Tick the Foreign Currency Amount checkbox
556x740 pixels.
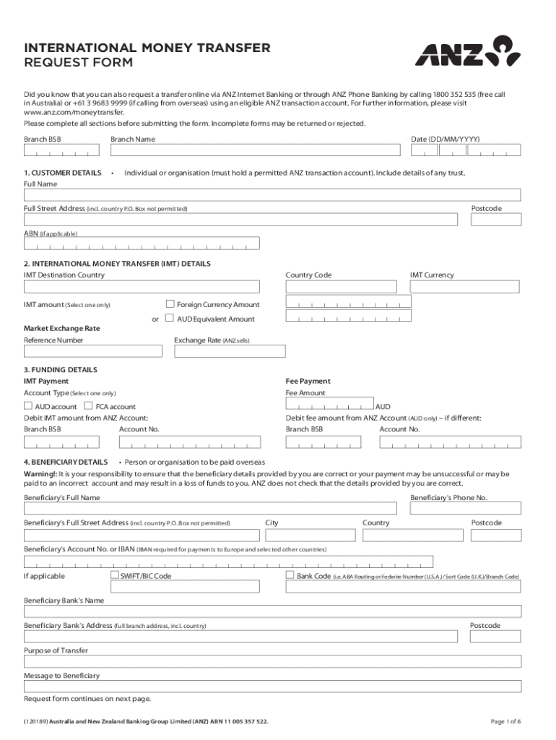170,304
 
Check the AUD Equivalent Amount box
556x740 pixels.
170,319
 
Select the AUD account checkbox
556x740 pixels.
29,407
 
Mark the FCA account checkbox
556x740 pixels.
89,407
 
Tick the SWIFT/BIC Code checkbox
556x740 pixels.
115,576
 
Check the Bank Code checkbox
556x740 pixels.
290,576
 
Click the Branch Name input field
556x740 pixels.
255,150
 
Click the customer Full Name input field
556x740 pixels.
272,195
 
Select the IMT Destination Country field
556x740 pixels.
142,286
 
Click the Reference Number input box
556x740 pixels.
93,351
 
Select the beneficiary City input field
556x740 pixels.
310,535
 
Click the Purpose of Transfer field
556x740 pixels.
272,661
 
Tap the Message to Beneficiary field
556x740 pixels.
272,687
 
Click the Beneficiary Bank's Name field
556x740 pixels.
272,611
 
